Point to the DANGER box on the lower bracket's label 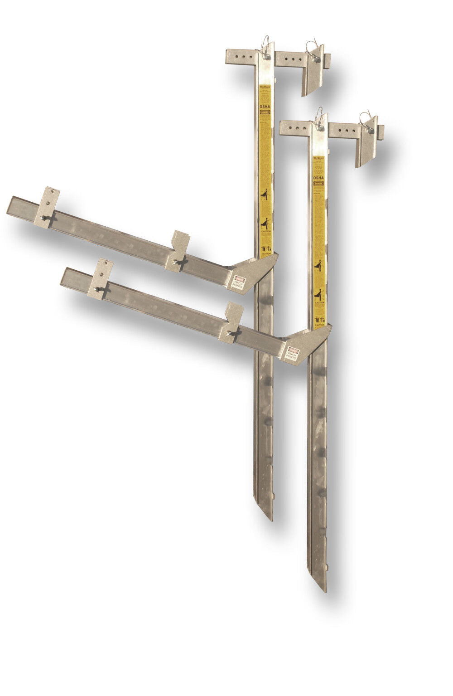pyautogui.click(x=319, y=185)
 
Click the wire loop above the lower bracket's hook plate pyautogui.click(x=365, y=117)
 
